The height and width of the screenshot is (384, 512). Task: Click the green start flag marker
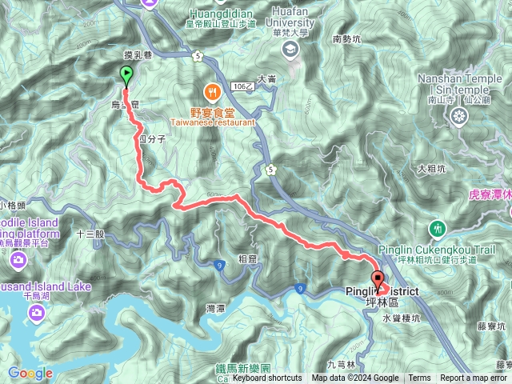[x=126, y=76]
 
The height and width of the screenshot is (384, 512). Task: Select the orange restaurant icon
[x=212, y=90]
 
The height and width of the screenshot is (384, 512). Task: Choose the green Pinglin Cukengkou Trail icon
[x=437, y=229]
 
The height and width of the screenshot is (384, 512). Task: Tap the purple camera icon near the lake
[x=18, y=259]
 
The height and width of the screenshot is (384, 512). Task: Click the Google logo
[x=30, y=374]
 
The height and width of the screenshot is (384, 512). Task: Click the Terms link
[x=418, y=378]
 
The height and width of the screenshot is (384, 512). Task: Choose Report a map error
[x=474, y=378]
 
